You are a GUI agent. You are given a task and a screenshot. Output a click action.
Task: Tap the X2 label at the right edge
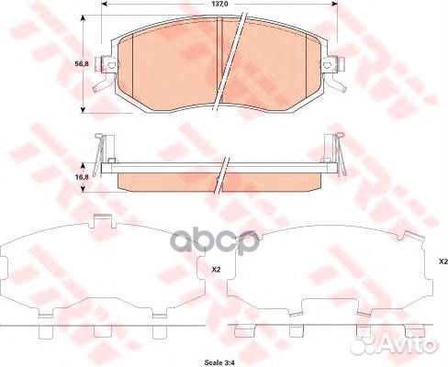coord(442,263)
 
